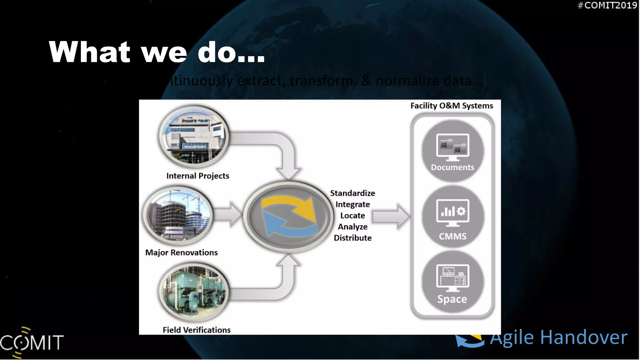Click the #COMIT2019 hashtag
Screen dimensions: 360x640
[x=607, y=5]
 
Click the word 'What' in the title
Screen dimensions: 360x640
[x=89, y=52]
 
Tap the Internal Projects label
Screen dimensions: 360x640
[x=197, y=176]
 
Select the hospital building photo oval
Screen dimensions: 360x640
[x=194, y=137]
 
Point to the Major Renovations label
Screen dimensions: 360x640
[x=181, y=252]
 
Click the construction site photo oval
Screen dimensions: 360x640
[x=178, y=216]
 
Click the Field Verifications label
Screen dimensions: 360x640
[x=197, y=330]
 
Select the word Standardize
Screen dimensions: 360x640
[x=352, y=193]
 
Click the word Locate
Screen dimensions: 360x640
[x=352, y=216]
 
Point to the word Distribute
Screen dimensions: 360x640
[x=352, y=238]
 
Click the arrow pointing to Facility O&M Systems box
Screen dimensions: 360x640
[x=391, y=216]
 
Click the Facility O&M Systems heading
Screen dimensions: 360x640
[x=452, y=106]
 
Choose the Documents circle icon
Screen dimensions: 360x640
[x=452, y=151]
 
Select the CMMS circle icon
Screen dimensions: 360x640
[x=452, y=217]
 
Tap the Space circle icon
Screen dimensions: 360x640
[x=452, y=282]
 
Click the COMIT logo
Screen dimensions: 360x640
[x=31, y=342]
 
